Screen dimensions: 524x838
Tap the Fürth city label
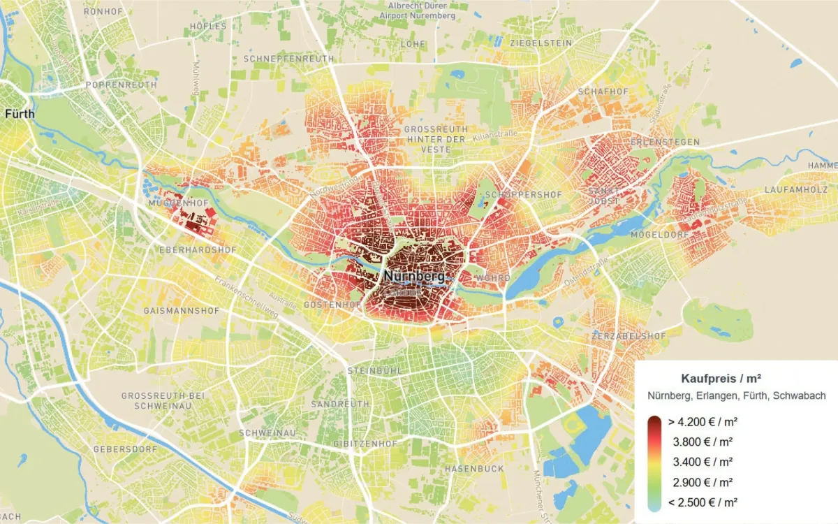pyautogui.click(x=20, y=113)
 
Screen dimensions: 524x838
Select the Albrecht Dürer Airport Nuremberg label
pyautogui.click(x=421, y=10)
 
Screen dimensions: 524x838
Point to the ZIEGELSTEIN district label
pyautogui.click(x=541, y=43)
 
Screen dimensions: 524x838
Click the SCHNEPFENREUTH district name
pyautogui.click(x=288, y=59)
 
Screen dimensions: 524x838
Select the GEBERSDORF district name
pyautogui.click(x=125, y=449)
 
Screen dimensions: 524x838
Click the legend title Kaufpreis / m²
pyautogui.click(x=720, y=379)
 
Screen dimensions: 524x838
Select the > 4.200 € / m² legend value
pyautogui.click(x=703, y=422)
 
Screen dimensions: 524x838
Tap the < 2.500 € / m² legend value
pyautogui.click(x=703, y=502)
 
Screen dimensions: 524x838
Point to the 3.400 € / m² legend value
pyautogui.click(x=703, y=462)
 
